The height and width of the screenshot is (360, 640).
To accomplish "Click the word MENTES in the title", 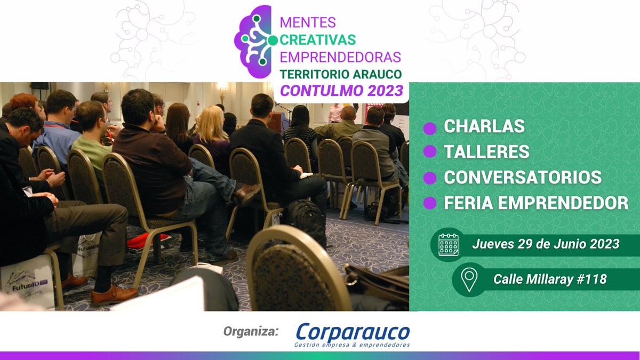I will [308, 22].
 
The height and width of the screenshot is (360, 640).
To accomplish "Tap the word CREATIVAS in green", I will [318, 39].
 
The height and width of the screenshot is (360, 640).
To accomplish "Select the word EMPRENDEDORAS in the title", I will [340, 57].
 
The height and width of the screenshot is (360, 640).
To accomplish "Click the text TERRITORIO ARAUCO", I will [341, 74].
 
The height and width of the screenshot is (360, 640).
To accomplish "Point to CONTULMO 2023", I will [341, 91].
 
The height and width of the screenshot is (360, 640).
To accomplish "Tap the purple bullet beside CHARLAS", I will [429, 128].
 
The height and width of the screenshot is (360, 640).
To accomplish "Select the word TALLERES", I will [486, 152].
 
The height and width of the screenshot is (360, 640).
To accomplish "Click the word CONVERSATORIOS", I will [523, 177].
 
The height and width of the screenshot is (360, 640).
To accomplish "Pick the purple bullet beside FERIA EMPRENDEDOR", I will [429, 203].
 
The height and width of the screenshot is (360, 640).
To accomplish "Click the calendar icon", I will [449, 245].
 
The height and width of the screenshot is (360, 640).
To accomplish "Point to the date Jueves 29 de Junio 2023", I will [545, 244].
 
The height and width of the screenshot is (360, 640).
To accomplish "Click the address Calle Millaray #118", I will [550, 278].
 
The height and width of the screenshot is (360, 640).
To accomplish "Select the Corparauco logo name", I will [353, 332].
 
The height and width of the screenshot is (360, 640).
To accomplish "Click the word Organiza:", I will [251, 332].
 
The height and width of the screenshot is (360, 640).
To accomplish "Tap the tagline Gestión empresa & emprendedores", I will [352, 345].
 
